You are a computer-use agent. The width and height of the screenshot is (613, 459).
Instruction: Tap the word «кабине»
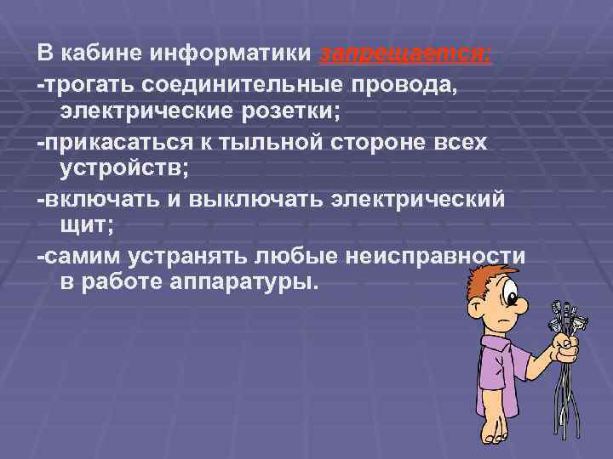click(x=100, y=54)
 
